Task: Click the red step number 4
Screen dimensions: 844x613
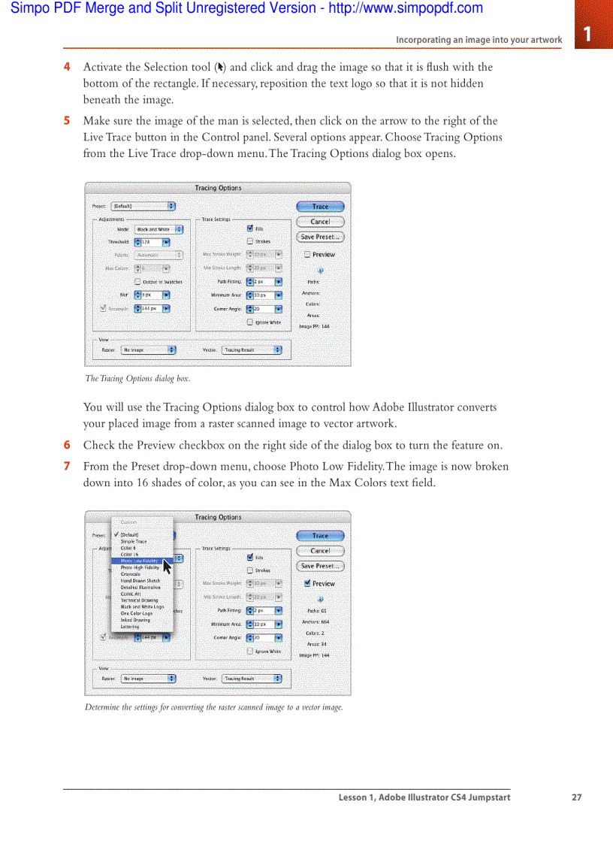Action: [67, 67]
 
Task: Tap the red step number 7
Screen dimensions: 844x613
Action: [67, 467]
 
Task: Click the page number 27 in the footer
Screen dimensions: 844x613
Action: [576, 797]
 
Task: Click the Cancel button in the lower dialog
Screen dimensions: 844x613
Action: [320, 551]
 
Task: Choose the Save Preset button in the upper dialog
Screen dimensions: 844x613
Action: [320, 237]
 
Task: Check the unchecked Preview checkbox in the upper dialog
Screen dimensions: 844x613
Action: [307, 255]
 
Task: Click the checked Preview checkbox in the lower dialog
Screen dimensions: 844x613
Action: [307, 583]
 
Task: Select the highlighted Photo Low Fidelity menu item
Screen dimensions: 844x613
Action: [140, 561]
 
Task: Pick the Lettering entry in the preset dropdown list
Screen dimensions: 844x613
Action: [130, 627]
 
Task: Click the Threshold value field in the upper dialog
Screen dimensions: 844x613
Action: [150, 242]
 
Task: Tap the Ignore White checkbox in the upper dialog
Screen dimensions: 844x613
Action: [250, 322]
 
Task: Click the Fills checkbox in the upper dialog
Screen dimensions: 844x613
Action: [250, 228]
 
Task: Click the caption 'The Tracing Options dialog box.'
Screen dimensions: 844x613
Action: [137, 379]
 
